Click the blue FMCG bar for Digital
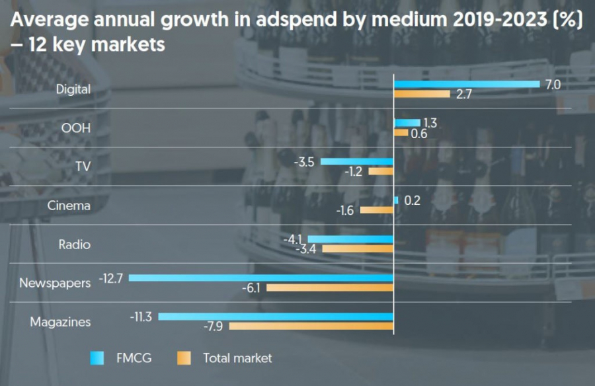[467, 84]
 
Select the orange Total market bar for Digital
[422, 94]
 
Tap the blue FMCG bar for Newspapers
[261, 278]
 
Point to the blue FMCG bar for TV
[357, 161]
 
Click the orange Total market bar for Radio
[358, 249]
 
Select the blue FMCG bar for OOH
[407, 123]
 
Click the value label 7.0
[553, 85]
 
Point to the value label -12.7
[111, 278]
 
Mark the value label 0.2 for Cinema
[412, 200]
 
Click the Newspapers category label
[54, 283]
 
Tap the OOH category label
[75, 128]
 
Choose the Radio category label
[74, 245]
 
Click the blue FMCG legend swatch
[97, 358]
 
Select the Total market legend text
[237, 358]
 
